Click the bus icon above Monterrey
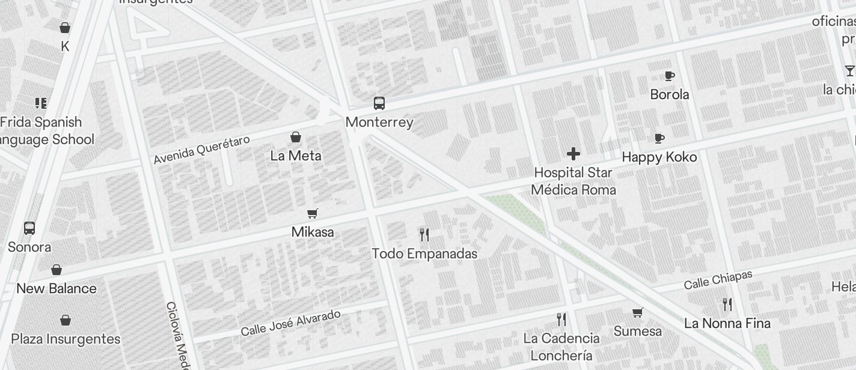pyautogui.click(x=379, y=103)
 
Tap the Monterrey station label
pyautogui.click(x=379, y=123)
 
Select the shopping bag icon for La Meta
pyautogui.click(x=296, y=138)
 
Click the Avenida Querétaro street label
pyautogui.click(x=201, y=150)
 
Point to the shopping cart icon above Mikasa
pyautogui.click(x=312, y=214)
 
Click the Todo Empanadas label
pyautogui.click(x=424, y=254)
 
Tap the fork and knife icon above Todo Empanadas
pyautogui.click(x=424, y=234)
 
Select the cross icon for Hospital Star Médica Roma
pyautogui.click(x=573, y=154)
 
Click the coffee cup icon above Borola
pyautogui.click(x=670, y=76)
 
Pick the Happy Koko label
pyautogui.click(x=659, y=157)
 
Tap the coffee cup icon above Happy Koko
pyautogui.click(x=659, y=138)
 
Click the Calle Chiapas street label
pyautogui.click(x=718, y=280)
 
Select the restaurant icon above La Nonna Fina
pyautogui.click(x=727, y=305)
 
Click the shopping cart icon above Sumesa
pyautogui.click(x=637, y=312)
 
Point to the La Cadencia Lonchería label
pyautogui.click(x=561, y=347)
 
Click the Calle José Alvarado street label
pyautogui.click(x=290, y=323)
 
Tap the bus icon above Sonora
pyautogui.click(x=29, y=228)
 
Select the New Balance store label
pyautogui.click(x=57, y=289)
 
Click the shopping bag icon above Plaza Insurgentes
pyautogui.click(x=66, y=320)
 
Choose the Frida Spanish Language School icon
pyautogui.click(x=41, y=103)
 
